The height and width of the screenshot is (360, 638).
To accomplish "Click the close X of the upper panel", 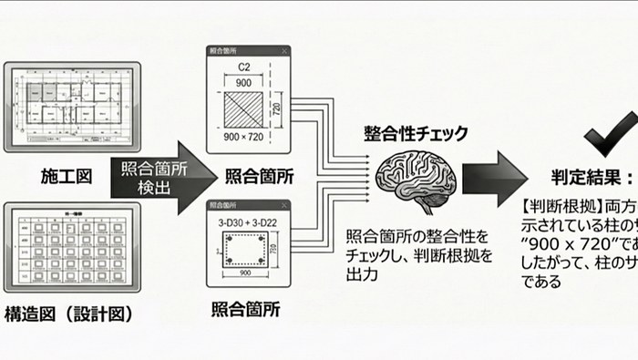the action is click(x=283, y=51).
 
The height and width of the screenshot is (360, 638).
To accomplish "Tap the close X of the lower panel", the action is click(x=283, y=207).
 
